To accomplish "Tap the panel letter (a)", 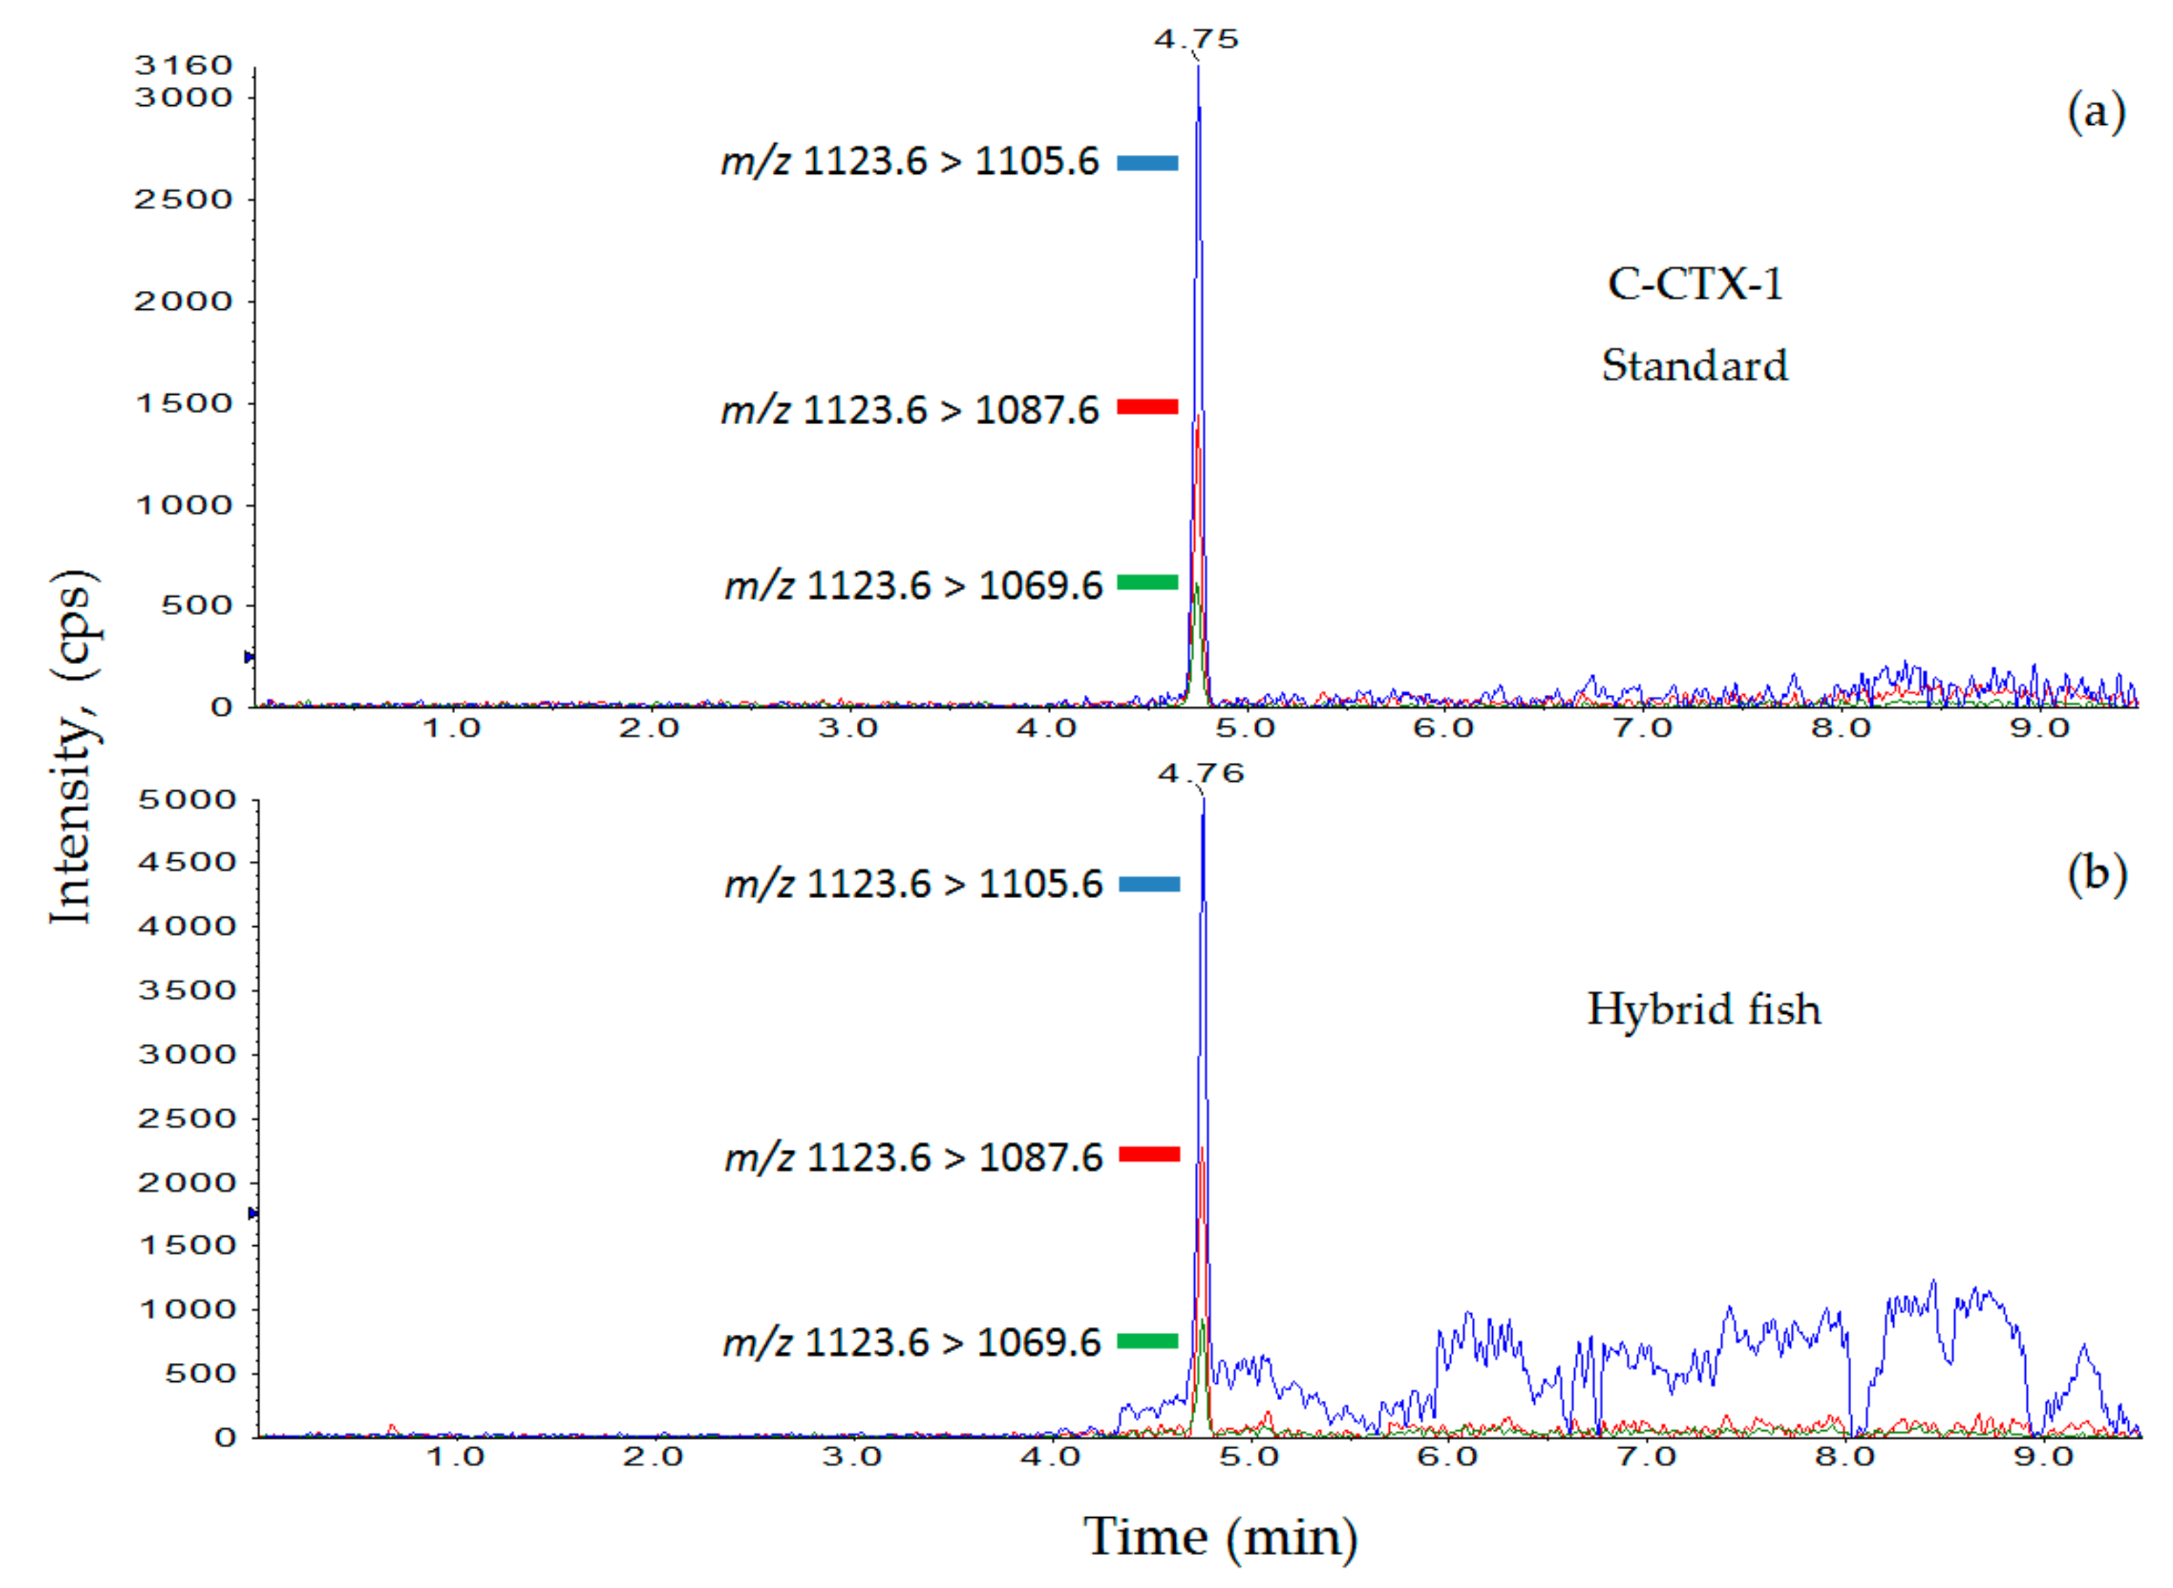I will (2095, 112).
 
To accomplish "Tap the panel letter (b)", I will (2096, 874).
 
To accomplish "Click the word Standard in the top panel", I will (1694, 365).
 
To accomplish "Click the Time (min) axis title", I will (1220, 1536).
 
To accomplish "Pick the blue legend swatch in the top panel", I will (1147, 163).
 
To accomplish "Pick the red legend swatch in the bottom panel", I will (1149, 1153).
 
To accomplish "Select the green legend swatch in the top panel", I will (1147, 581).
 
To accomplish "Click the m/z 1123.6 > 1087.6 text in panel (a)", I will (909, 410).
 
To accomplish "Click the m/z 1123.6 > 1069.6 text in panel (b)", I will (912, 1342).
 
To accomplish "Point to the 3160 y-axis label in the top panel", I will (184, 65).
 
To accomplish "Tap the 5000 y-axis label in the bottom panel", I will (187, 800).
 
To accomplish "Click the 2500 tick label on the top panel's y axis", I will (184, 199).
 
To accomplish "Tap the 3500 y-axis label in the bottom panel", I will (187, 990).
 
